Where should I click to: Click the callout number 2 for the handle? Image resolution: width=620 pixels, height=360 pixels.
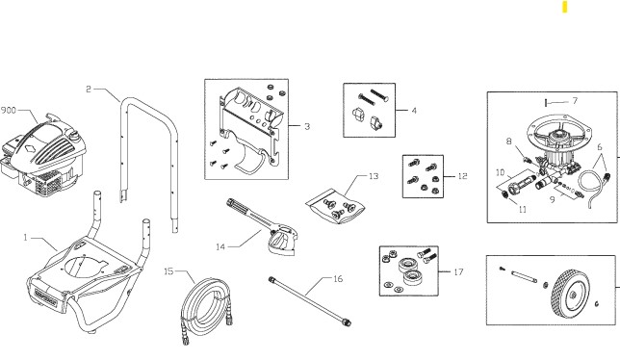(88, 90)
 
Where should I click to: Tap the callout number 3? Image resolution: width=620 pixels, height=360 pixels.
(306, 126)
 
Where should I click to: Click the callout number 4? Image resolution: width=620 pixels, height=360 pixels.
(414, 111)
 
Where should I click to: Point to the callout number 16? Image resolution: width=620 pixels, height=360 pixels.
(337, 278)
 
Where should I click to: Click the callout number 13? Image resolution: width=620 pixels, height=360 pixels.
(375, 177)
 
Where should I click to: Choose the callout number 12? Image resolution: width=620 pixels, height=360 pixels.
(462, 176)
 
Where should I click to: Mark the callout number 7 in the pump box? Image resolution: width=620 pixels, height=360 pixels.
(574, 100)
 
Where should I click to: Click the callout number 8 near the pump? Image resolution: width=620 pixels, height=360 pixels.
(509, 141)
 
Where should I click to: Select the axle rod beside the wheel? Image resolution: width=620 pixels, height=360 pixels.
(524, 277)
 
